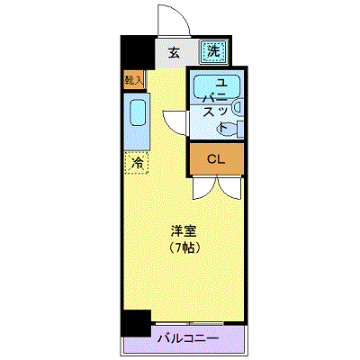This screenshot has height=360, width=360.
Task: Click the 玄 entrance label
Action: click(174, 53)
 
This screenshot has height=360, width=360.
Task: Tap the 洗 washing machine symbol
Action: click(214, 52)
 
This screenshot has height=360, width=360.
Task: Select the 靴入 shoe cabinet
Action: click(135, 80)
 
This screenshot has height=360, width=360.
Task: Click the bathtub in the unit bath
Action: click(217, 86)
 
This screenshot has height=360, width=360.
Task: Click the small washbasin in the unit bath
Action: click(238, 108)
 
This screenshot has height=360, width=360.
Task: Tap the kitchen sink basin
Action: click(138, 112)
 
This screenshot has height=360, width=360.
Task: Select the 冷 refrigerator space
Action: click(137, 163)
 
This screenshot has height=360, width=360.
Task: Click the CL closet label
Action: click(216, 159)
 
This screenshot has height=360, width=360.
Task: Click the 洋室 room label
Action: click(184, 231)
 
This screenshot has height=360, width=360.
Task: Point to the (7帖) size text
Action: click(184, 247)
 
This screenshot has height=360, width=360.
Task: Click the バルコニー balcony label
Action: click(188, 338)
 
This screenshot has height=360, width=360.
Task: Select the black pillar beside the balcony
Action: click(136, 323)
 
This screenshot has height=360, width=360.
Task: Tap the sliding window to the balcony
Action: click(190, 323)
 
